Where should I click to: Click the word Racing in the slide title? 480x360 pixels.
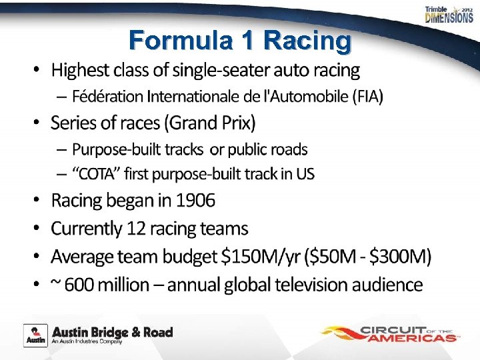coord(307,41)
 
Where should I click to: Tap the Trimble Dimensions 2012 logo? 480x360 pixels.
coord(449,15)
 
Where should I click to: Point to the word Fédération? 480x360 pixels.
coord(107,97)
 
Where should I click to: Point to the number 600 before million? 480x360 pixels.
coord(79,285)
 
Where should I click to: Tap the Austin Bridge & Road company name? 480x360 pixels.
coord(112,332)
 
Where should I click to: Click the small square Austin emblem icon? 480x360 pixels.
coord(35,335)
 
